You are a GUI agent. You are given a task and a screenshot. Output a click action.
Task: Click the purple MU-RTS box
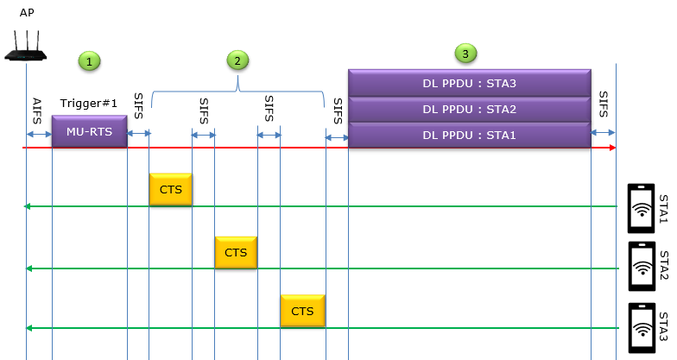click(x=90, y=131)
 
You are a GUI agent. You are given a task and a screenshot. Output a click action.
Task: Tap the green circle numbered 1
click(x=90, y=61)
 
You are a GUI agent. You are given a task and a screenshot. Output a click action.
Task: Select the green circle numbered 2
click(x=237, y=60)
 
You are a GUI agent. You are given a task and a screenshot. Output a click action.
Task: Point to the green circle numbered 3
click(x=465, y=54)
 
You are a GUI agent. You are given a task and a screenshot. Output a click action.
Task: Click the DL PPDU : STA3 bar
click(x=470, y=83)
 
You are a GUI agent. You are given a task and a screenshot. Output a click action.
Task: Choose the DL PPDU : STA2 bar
click(x=470, y=109)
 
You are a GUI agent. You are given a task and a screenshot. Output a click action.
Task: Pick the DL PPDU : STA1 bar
click(x=470, y=135)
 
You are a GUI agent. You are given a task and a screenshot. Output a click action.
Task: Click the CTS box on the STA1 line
click(x=171, y=190)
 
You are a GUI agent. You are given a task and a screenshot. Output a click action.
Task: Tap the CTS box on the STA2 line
click(x=236, y=252)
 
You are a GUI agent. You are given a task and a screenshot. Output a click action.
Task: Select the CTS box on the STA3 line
click(x=302, y=311)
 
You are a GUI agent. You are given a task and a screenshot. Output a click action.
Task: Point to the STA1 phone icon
click(x=641, y=208)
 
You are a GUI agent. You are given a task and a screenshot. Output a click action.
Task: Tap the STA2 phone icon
click(x=642, y=266)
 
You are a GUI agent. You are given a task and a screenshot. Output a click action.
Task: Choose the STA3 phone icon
click(x=642, y=328)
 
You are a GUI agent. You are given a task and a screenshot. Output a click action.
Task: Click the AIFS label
click(x=37, y=111)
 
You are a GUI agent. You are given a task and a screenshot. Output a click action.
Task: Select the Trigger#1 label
click(x=88, y=104)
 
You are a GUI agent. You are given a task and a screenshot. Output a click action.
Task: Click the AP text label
click(x=27, y=12)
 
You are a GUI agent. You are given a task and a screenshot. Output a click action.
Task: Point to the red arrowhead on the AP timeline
click(x=613, y=148)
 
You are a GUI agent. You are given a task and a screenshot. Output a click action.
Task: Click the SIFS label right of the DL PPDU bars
click(x=603, y=104)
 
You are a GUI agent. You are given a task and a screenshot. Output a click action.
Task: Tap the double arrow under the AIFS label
click(x=40, y=135)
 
